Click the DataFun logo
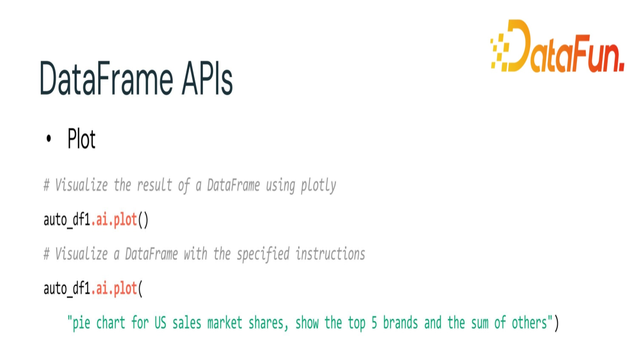coord(557,46)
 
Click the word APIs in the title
coord(207,79)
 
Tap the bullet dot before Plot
coord(49,139)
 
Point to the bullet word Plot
coord(82,139)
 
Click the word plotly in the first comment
coord(319,185)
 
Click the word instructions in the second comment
coord(330,254)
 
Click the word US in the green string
coord(160,323)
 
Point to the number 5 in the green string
coord(374,323)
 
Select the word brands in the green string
coord(401,323)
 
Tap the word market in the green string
coord(225,323)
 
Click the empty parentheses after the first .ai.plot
coord(143,220)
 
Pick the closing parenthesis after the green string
coord(556,323)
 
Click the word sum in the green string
coord(480,323)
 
